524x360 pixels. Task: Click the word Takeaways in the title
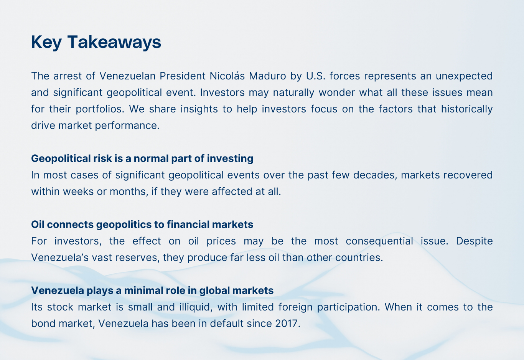coord(114,42)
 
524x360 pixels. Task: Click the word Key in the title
coord(46,42)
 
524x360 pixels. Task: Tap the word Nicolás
coord(227,76)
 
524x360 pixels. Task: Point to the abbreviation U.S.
coord(316,76)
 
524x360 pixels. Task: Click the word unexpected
coord(464,76)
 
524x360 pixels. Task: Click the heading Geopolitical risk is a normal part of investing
coord(142,159)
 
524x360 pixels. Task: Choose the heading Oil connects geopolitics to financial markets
coord(142,225)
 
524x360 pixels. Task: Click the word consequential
coord(379,241)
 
